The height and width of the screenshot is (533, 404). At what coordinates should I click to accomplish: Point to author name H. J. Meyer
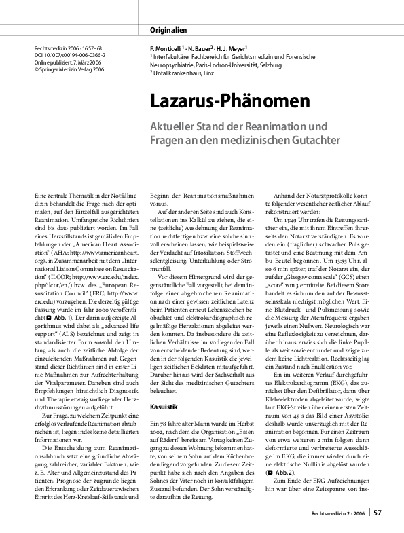(x=234, y=50)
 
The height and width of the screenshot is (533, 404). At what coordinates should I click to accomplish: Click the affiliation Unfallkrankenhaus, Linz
(x=191, y=74)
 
